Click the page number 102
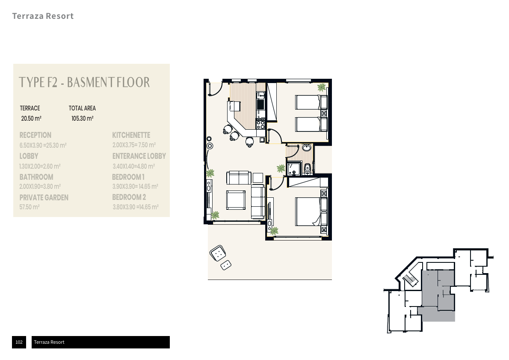point(19,342)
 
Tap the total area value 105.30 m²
point(83,118)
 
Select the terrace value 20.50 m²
point(31,118)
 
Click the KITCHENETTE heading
point(131,135)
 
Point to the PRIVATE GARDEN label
point(44,197)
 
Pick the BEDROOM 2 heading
point(129,197)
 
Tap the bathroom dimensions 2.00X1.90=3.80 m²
point(40,187)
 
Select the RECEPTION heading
point(36,135)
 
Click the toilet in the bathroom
point(308,169)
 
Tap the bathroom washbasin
point(306,148)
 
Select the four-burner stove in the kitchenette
point(261,124)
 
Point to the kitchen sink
point(260,95)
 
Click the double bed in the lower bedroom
point(311,211)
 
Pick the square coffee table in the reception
point(236,200)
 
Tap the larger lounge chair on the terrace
point(218,253)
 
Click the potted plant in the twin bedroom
point(321,87)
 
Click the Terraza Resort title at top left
point(43,16)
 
